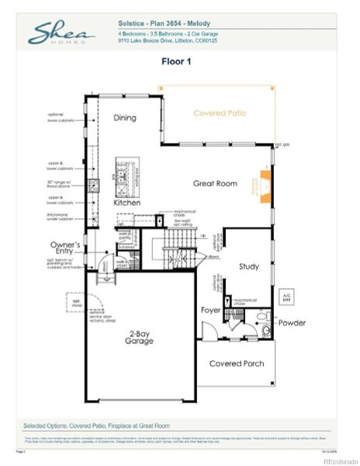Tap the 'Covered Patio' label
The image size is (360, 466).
point(220,113)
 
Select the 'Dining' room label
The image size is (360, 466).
point(125,118)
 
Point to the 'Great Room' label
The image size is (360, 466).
point(215,183)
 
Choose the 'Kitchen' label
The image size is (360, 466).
point(126,202)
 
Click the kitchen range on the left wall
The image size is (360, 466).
point(93,186)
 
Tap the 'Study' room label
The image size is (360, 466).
point(248,266)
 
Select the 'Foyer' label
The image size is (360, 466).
point(211,310)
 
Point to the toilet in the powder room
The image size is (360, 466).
point(265,331)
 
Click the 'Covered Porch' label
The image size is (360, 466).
point(236,363)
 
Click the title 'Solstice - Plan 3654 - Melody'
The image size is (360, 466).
point(164,24)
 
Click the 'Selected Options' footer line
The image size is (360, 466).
point(96,426)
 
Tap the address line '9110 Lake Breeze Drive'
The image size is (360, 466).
point(168,42)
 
